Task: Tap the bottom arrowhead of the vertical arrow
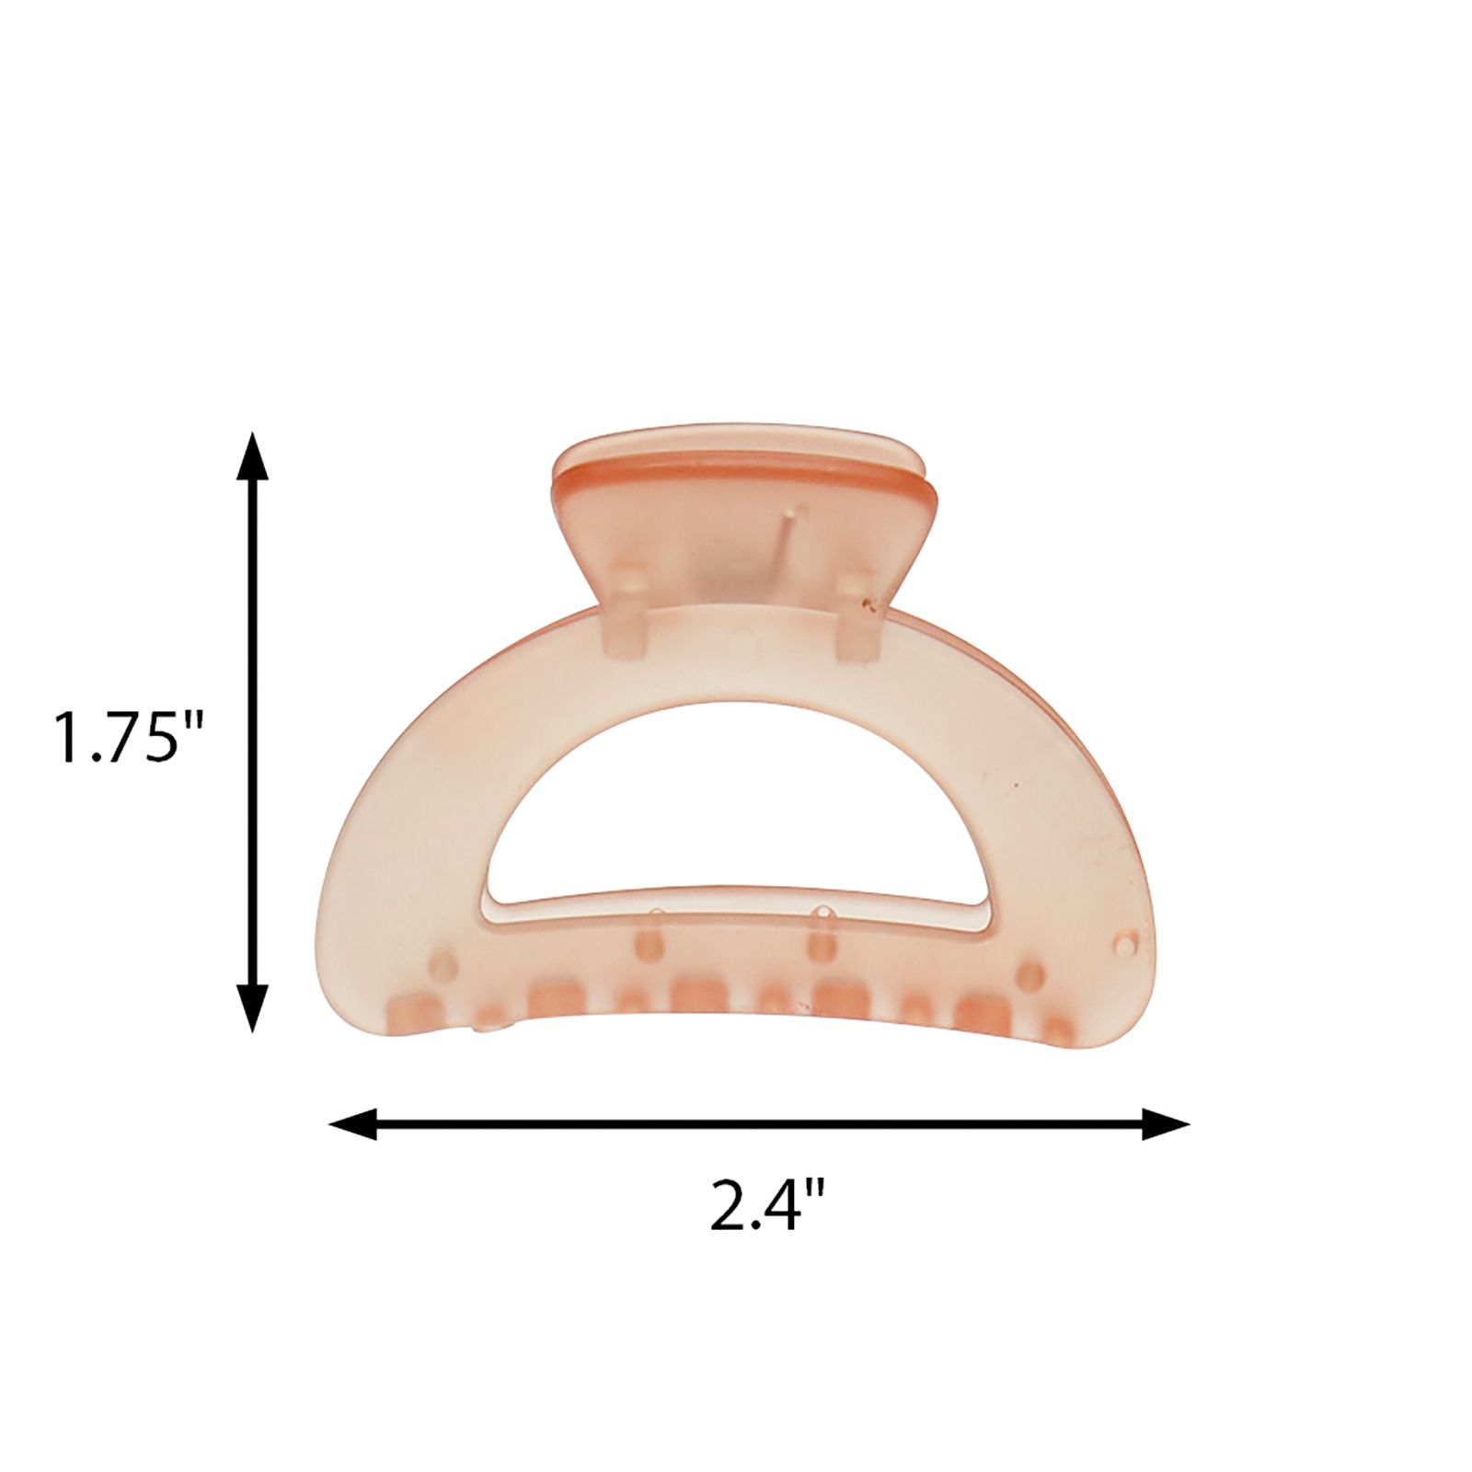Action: click(x=253, y=1007)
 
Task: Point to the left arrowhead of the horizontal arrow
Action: click(x=353, y=1123)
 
